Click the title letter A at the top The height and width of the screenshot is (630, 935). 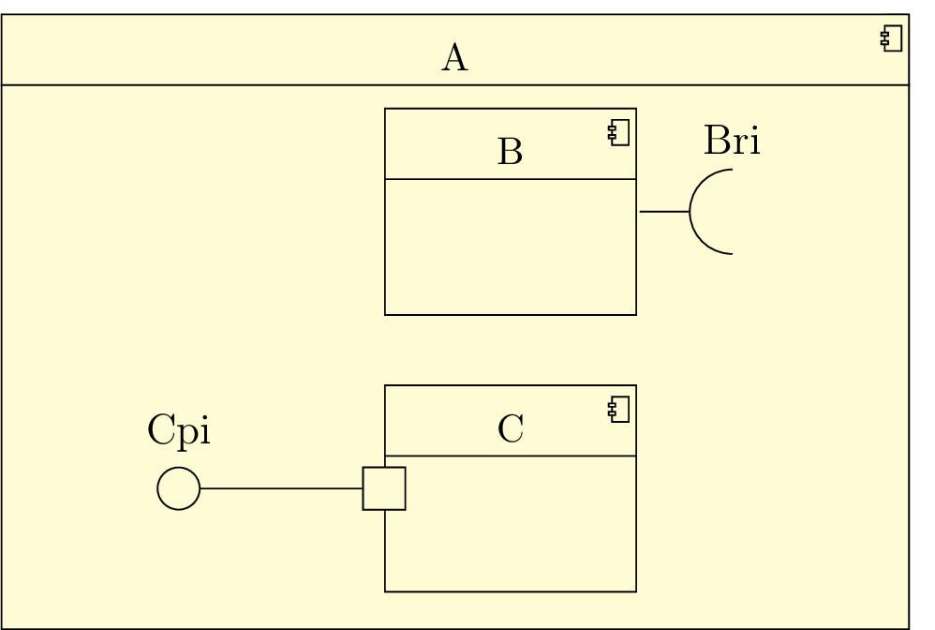click(x=454, y=59)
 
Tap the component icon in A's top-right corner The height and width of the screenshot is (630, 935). click(x=892, y=39)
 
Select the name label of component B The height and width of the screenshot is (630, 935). click(x=510, y=151)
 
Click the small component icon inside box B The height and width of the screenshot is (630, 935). click(x=618, y=133)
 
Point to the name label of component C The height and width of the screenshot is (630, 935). click(x=511, y=428)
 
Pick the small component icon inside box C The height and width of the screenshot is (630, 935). click(x=618, y=410)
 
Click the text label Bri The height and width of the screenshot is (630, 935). click(x=732, y=142)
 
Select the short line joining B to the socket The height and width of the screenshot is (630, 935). click(x=663, y=212)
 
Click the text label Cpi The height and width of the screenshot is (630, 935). click(x=179, y=430)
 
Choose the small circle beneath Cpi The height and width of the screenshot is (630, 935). click(x=178, y=488)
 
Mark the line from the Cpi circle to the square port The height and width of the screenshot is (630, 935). click(x=281, y=488)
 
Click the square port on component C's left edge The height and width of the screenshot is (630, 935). click(x=384, y=488)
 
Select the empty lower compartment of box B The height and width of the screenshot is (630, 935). click(x=511, y=247)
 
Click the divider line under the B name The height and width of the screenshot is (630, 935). click(x=511, y=178)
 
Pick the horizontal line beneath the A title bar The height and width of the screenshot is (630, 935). click(x=281, y=85)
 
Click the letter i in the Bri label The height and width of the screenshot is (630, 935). click(x=754, y=142)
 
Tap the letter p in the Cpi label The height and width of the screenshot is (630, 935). click(x=186, y=433)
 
